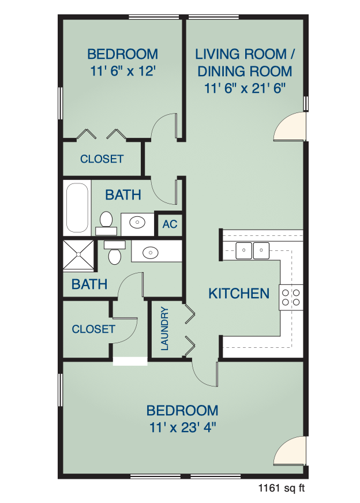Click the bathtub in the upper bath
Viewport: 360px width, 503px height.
77,208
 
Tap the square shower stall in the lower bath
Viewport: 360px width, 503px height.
78,254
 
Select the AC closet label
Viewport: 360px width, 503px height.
170,224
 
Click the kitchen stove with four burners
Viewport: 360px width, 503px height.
291,298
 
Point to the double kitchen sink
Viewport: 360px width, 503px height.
253,250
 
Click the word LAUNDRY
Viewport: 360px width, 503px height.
164,328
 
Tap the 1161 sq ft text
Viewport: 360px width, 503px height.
282,488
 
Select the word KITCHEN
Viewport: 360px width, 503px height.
239,294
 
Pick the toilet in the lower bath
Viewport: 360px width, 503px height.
115,253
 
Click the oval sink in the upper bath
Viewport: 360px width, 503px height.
137,222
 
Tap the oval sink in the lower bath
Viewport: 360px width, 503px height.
151,253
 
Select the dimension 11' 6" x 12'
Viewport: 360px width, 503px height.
123,71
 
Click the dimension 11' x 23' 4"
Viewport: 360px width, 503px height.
182,427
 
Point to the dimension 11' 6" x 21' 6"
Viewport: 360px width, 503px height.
245,88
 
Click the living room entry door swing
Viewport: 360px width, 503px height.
290,126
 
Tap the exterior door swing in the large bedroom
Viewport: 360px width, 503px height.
290,451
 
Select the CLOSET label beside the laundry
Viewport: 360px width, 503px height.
93,329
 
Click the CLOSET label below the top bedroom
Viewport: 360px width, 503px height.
102,159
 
